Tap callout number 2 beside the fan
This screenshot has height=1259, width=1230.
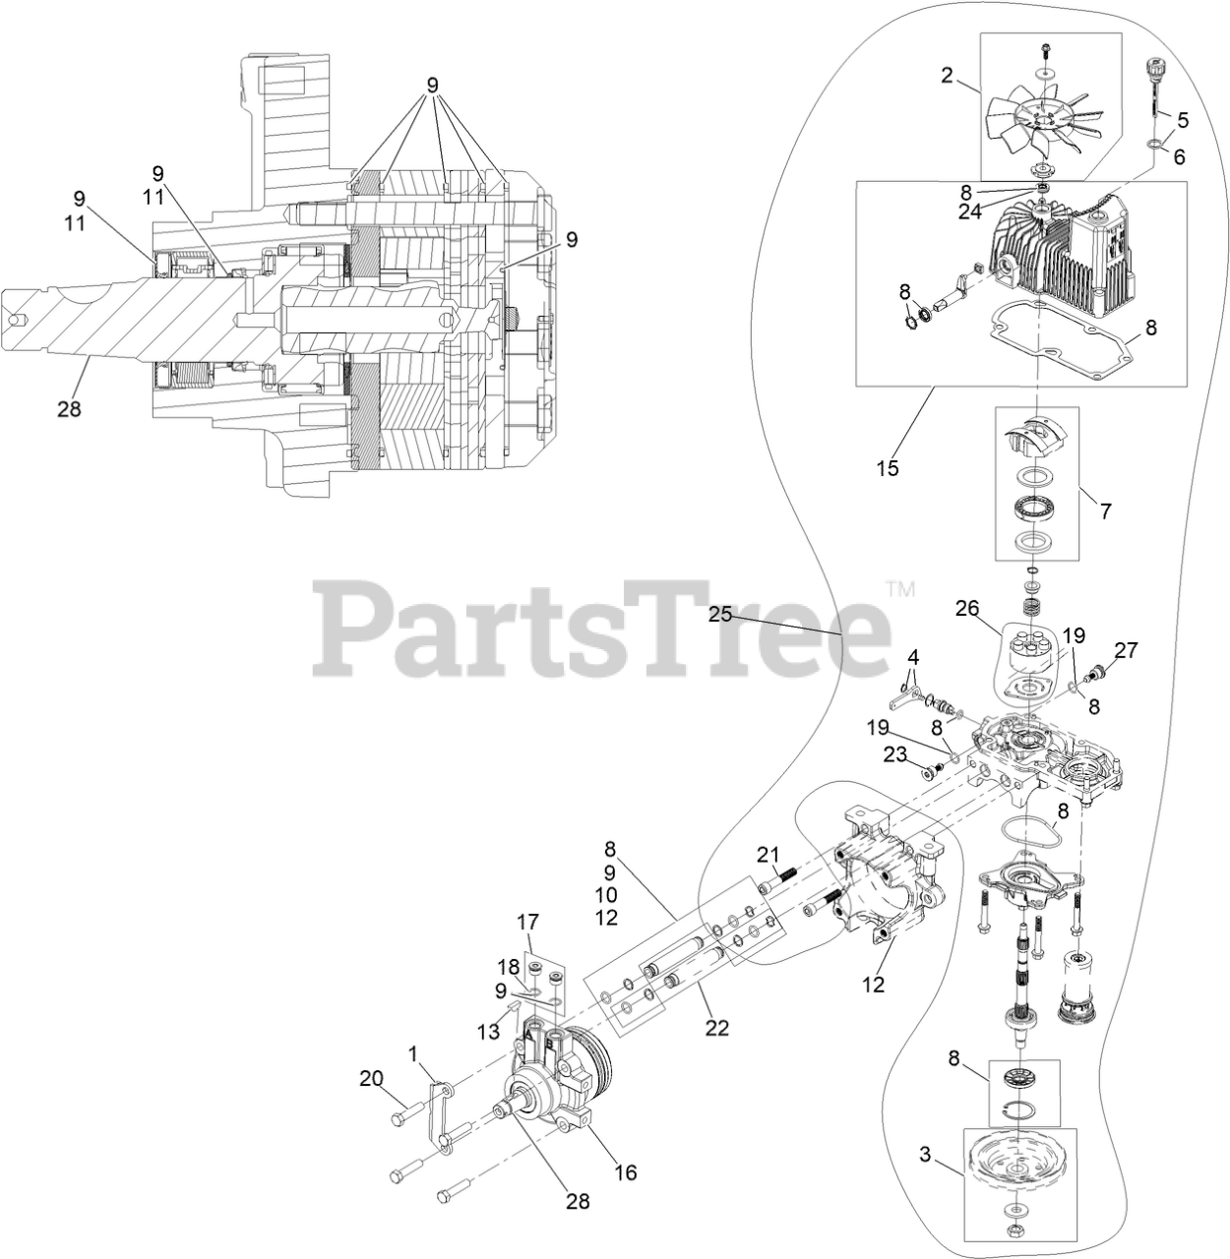pyautogui.click(x=947, y=75)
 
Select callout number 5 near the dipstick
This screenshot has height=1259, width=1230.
pyautogui.click(x=1183, y=120)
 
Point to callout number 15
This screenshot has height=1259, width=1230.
pyautogui.click(x=888, y=468)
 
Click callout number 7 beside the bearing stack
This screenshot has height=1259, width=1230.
pyautogui.click(x=1105, y=511)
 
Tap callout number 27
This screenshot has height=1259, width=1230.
pyautogui.click(x=1126, y=649)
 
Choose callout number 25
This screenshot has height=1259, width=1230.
pyautogui.click(x=721, y=615)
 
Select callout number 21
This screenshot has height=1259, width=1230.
pyautogui.click(x=768, y=854)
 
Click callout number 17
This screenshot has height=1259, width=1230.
pyautogui.click(x=528, y=923)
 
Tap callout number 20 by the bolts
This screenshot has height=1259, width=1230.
pyautogui.click(x=371, y=1079)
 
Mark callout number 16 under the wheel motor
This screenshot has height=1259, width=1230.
pyautogui.click(x=625, y=1172)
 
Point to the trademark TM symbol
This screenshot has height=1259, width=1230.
pyautogui.click(x=899, y=590)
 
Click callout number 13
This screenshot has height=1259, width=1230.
pyautogui.click(x=488, y=1031)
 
